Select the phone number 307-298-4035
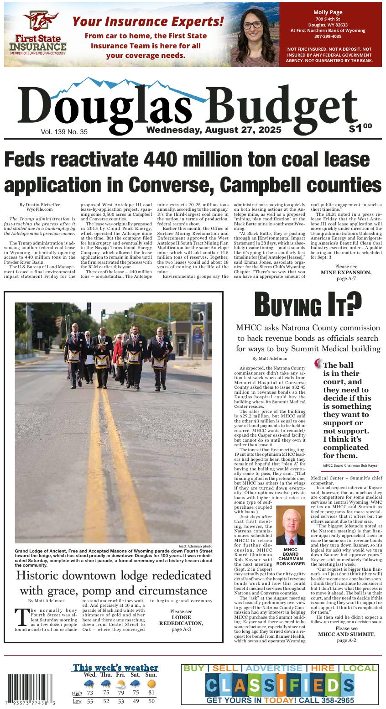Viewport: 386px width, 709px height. point(330,36)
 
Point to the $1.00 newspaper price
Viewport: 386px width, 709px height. point(360,128)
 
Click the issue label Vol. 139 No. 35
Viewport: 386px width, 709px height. point(64,132)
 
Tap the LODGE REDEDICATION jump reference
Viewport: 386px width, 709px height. point(181,620)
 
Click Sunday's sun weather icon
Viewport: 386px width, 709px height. point(152,684)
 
